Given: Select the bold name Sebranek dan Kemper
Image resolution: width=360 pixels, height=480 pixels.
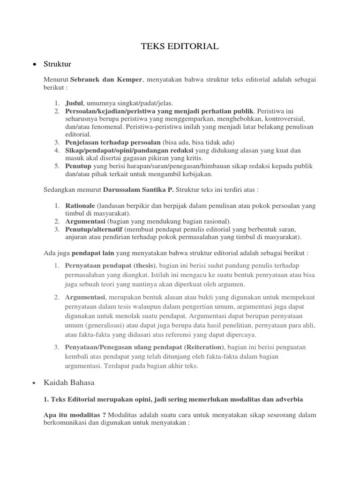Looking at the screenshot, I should pyautogui.click(x=106, y=80).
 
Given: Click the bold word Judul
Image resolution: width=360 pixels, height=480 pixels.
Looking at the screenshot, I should pyautogui.click(x=74, y=103).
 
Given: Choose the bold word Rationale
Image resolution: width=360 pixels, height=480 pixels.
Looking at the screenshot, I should pyautogui.click(x=80, y=205).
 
